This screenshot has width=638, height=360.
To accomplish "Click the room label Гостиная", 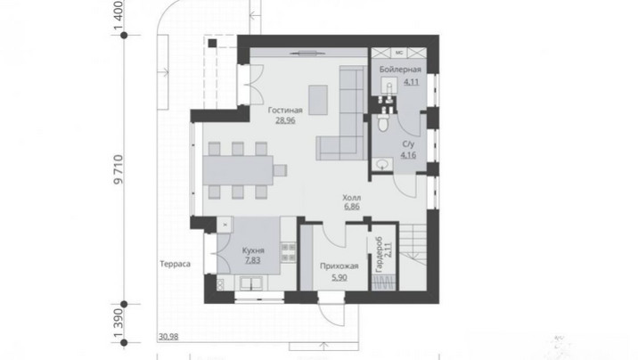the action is (285, 110).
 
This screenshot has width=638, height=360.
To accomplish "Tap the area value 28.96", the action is (285, 120).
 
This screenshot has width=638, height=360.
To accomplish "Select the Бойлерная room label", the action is (400, 70).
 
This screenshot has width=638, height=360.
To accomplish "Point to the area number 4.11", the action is (411, 82).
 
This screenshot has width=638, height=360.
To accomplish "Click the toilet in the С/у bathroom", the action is (383, 122).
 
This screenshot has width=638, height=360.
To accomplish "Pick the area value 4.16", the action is (408, 155).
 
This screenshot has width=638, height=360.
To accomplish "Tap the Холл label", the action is (351, 198).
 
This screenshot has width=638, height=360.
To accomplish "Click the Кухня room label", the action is (253, 250).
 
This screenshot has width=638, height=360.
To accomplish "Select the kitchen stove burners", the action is (289, 252).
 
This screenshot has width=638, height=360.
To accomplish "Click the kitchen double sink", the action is (250, 283).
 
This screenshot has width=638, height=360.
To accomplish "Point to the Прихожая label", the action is (339, 266).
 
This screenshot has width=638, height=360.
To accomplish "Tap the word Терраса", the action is (175, 264).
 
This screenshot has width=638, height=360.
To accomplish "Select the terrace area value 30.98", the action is (168, 337).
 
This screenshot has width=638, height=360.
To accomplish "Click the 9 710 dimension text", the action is (118, 169).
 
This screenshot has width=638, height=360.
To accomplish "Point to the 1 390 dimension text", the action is (118, 323).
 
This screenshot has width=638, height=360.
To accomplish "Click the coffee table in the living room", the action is (318, 100).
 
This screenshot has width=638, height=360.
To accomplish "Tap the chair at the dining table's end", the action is (280, 170).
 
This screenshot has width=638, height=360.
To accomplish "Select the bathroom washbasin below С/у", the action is (381, 165).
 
